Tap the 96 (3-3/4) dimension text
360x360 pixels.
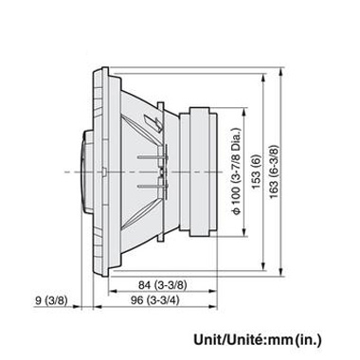[x=149, y=300]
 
